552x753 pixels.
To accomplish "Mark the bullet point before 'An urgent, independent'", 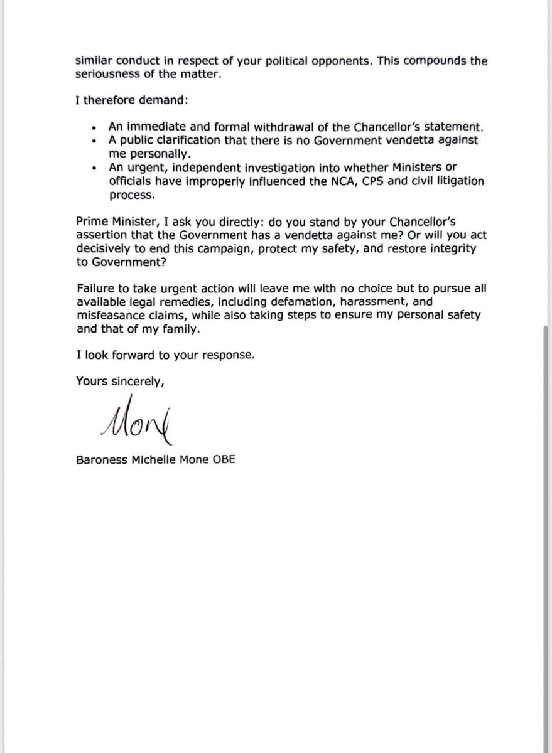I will [x=93, y=168].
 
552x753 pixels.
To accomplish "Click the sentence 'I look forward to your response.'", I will [x=165, y=354].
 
